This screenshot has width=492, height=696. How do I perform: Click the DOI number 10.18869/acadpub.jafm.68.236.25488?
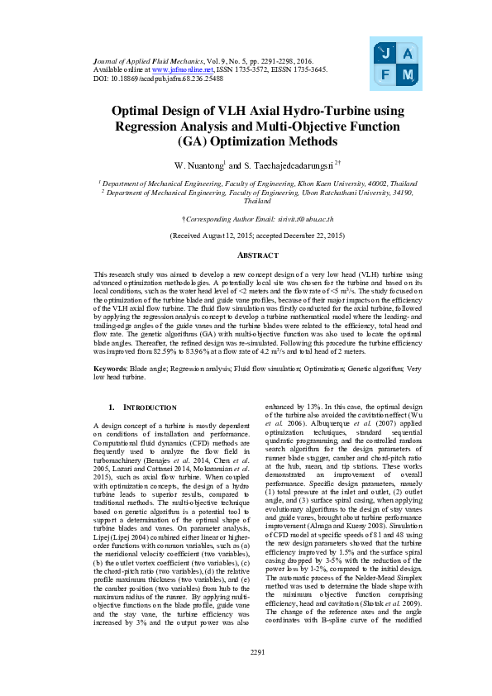coord(157,79)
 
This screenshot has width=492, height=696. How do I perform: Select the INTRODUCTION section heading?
coord(148,408)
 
